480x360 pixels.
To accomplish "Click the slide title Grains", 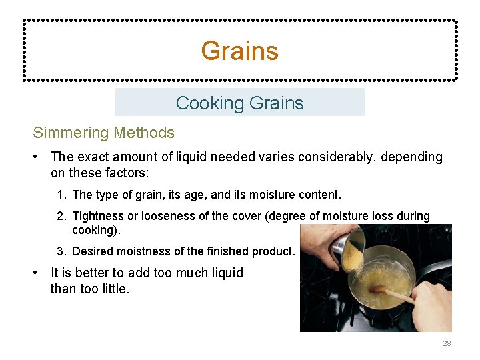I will coord(239,51).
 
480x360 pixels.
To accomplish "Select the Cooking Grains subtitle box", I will coord(239,103).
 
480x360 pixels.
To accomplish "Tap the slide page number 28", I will coord(447,343).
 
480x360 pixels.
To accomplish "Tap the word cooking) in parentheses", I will coord(93,229).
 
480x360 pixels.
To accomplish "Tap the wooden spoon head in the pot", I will coord(377,289).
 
